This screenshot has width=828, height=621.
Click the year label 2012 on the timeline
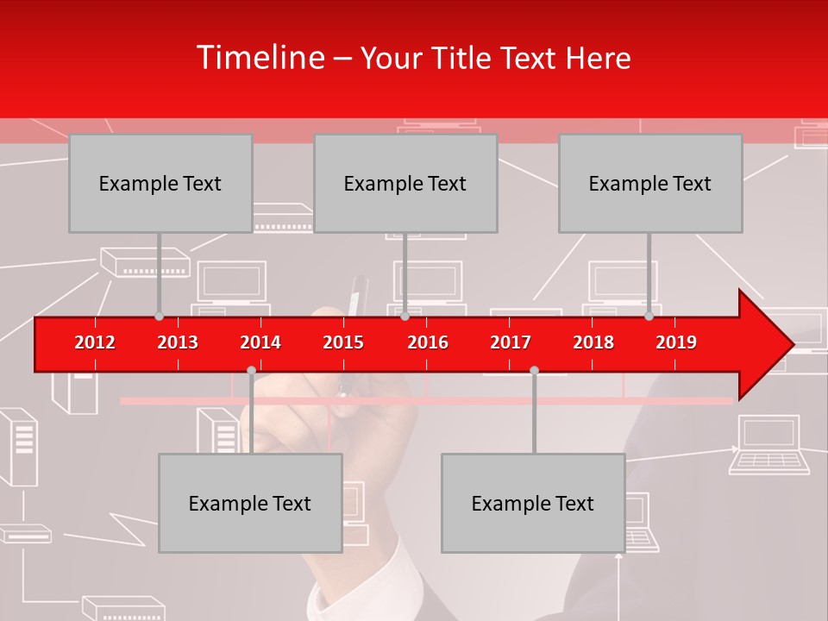[x=95, y=342]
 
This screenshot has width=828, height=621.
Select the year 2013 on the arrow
[x=178, y=342]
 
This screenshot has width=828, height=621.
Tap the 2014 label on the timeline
[x=260, y=342]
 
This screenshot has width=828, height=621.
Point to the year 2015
[x=343, y=342]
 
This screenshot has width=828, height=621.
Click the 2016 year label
[x=428, y=342]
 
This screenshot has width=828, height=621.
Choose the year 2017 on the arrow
[x=511, y=342]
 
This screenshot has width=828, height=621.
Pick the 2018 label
[x=593, y=342]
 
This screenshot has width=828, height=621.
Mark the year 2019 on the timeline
[x=676, y=342]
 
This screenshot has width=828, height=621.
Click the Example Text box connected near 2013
[x=160, y=183]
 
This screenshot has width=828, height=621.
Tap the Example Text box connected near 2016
[x=405, y=183]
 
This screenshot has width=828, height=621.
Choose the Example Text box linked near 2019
[x=650, y=183]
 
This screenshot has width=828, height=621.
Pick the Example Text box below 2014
[x=250, y=503]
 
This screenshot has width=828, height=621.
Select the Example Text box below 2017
[x=533, y=503]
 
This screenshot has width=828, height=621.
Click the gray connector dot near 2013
[x=159, y=316]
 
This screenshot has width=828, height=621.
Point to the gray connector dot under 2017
[x=534, y=370]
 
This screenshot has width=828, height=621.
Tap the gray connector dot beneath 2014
[x=251, y=370]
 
